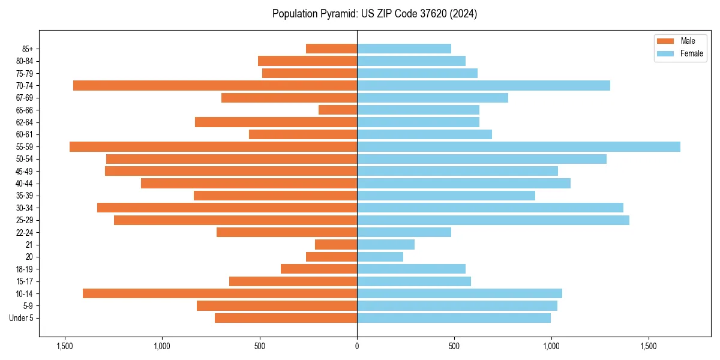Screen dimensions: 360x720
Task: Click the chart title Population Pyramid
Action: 374,14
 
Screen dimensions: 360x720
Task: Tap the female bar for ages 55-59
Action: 518,147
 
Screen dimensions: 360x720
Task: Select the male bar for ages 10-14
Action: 220,293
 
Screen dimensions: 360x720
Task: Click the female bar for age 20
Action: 380,257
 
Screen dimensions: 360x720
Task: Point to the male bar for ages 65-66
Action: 338,110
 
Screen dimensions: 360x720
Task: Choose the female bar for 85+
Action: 404,49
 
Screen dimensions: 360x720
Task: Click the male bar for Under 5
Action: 286,318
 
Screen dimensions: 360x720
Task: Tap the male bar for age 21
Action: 336,245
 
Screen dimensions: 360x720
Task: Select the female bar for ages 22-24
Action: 404,232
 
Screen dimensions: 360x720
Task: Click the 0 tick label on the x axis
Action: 357,346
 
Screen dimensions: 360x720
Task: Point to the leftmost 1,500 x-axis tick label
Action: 65,346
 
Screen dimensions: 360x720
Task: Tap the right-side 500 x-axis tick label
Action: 454,346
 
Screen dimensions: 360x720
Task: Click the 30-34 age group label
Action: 25,208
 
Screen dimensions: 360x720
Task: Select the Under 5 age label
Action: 22,318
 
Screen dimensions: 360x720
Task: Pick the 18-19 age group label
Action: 25,269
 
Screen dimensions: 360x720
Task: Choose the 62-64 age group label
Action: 25,122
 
